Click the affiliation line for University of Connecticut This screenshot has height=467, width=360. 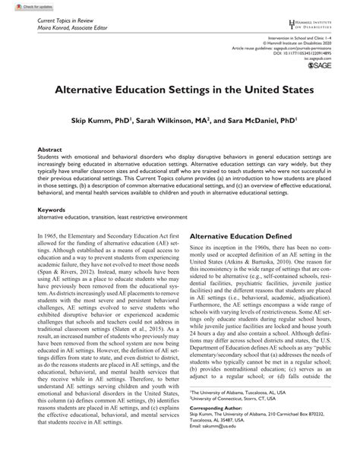pyautogui.click(x=242, y=416)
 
